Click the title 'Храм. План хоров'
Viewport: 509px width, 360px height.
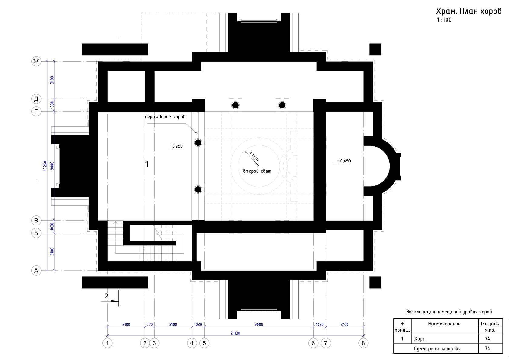pos(468,11)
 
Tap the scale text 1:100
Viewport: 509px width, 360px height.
pos(444,20)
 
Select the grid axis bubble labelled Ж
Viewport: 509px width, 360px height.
pos(36,61)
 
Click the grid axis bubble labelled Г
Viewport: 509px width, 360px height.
pos(36,112)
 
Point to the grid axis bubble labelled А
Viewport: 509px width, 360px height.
pos(36,271)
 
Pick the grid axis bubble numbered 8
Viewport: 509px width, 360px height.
pos(363,343)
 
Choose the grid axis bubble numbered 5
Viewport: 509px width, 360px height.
pos(204,343)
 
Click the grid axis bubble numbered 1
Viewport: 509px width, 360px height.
pos(108,343)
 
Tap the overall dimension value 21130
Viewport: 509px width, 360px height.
pos(235,333)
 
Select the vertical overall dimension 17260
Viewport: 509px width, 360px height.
pos(45,166)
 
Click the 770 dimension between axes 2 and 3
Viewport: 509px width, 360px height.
pos(150,325)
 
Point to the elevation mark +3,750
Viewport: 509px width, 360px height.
pos(176,146)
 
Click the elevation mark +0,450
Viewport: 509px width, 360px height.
pos(344,161)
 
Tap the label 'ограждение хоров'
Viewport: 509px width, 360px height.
pos(165,117)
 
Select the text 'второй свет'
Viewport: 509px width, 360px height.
pos(257,171)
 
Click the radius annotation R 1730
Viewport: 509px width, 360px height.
pos(254,156)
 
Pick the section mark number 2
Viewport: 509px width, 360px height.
pos(106,296)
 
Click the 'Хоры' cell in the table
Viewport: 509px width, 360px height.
pos(420,339)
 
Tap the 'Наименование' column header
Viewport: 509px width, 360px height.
pos(444,324)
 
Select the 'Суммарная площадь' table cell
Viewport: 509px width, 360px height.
pos(437,348)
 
